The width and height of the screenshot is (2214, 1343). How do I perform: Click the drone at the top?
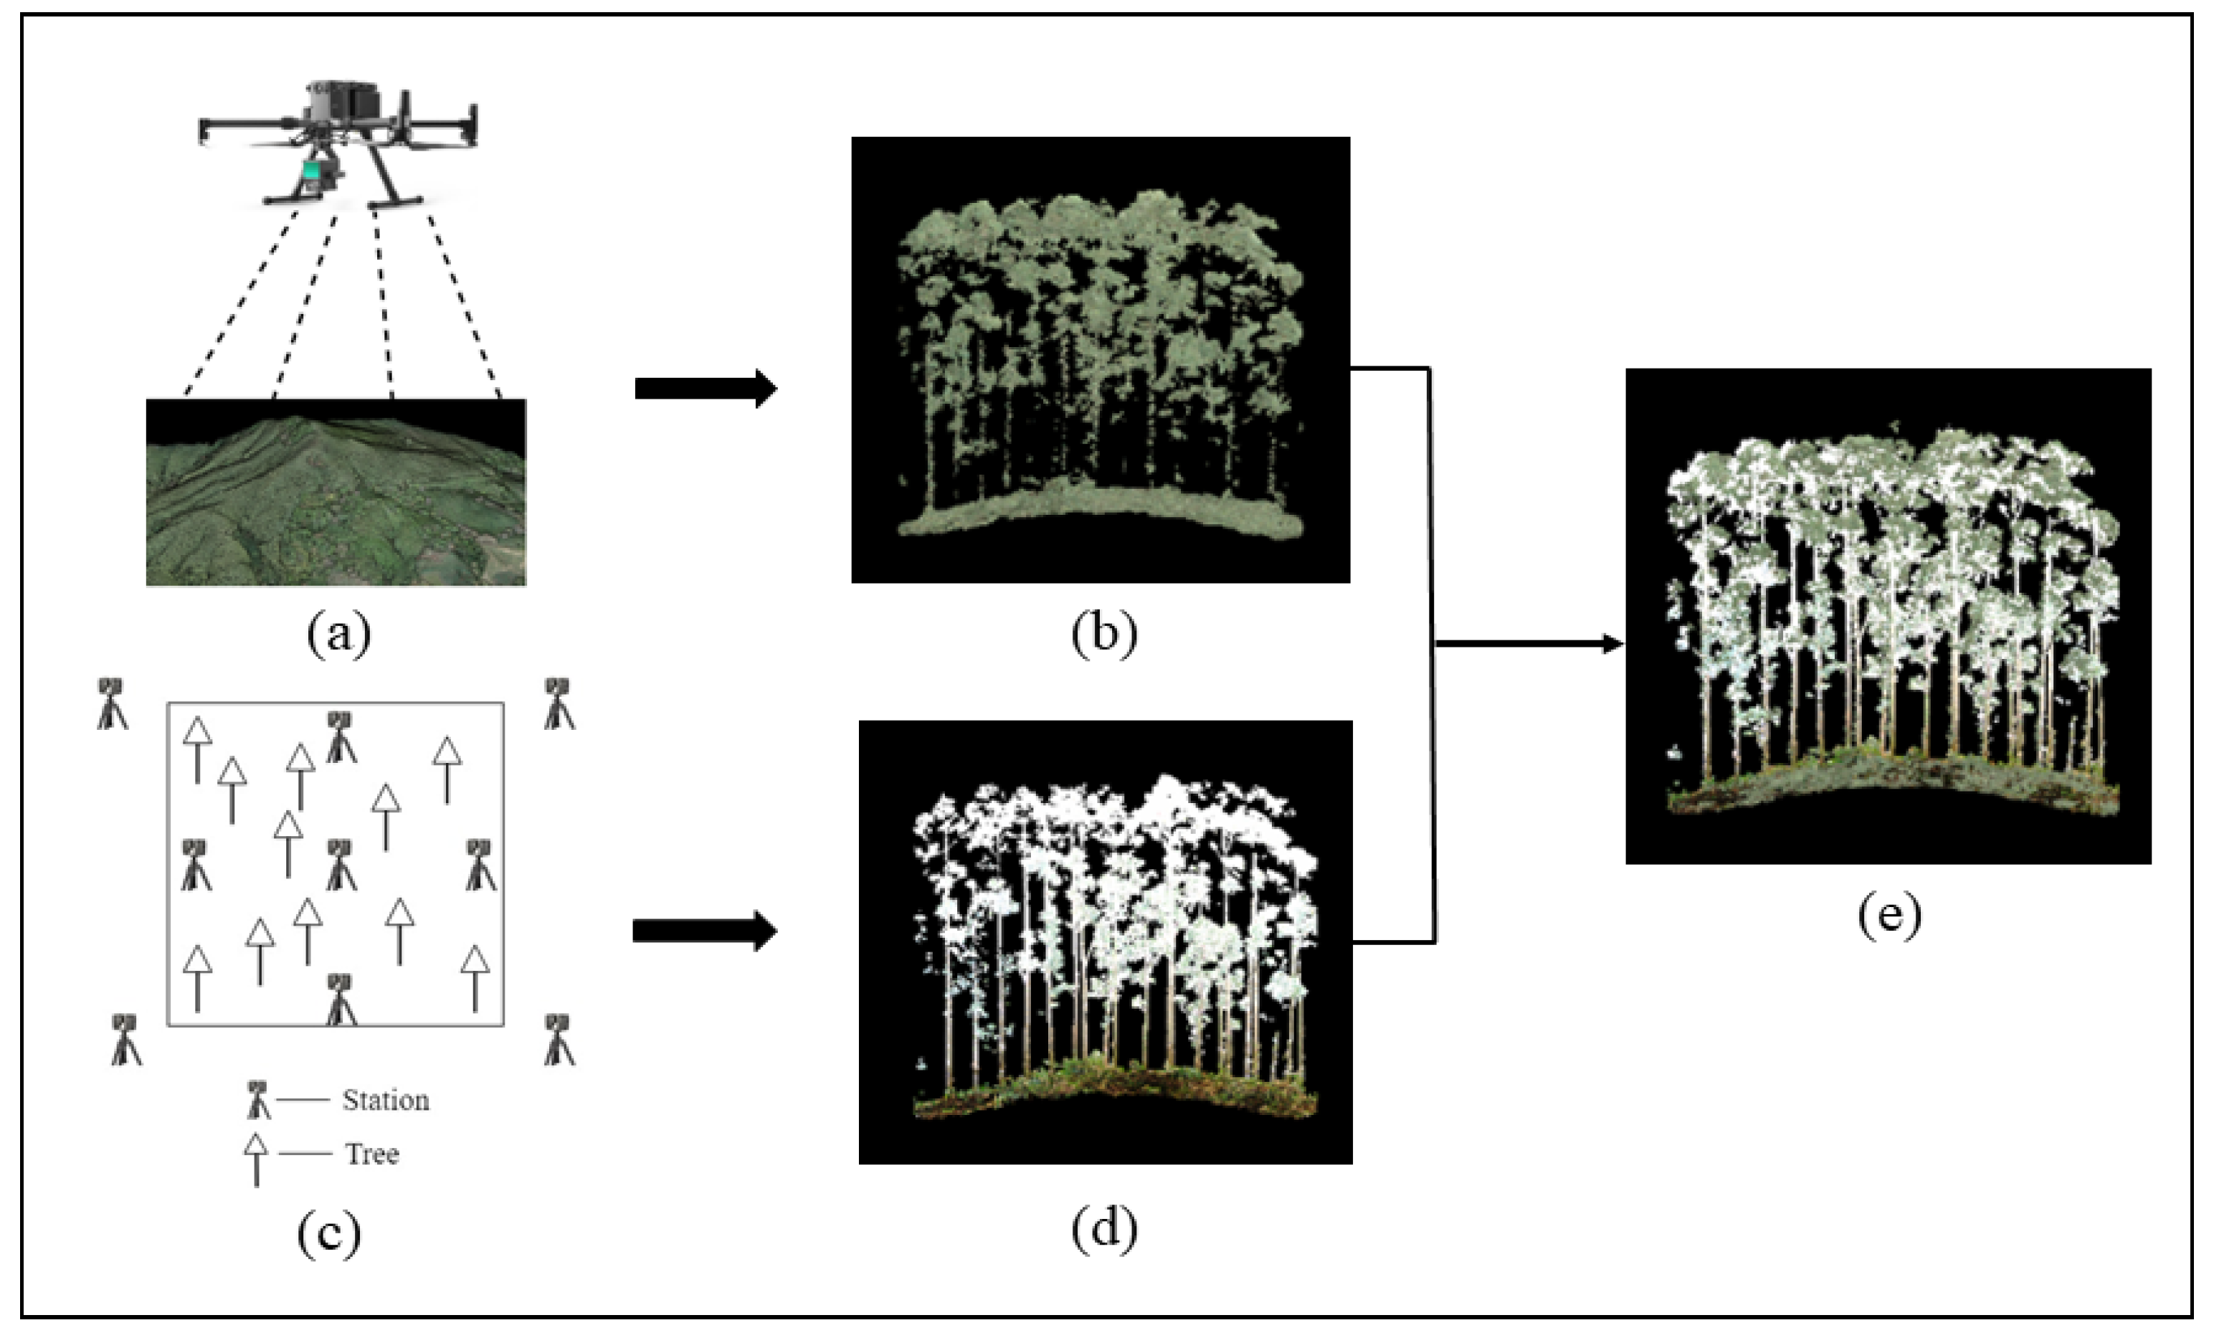(x=338, y=135)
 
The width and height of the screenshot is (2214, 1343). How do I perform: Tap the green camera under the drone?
(x=311, y=173)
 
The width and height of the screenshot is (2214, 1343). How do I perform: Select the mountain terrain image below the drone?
(x=336, y=493)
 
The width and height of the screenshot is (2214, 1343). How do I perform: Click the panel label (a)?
(x=338, y=635)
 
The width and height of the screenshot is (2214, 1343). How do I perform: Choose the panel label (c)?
(x=329, y=1233)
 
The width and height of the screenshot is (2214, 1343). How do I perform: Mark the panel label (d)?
(x=1103, y=1228)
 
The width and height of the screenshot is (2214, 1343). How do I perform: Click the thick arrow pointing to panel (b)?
(x=705, y=388)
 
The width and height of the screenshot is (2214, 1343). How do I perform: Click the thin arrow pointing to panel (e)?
(x=1528, y=643)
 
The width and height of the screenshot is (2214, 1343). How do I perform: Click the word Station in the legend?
(x=386, y=1101)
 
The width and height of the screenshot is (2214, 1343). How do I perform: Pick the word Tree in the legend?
(x=372, y=1154)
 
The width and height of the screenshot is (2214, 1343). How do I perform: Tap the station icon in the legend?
(x=258, y=1098)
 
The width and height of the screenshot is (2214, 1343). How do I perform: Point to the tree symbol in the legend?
(x=256, y=1158)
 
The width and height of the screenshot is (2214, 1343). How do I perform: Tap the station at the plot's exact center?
(x=340, y=864)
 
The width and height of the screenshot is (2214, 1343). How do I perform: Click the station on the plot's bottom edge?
(x=340, y=999)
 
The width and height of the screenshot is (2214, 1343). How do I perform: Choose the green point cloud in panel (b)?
(x=1100, y=359)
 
